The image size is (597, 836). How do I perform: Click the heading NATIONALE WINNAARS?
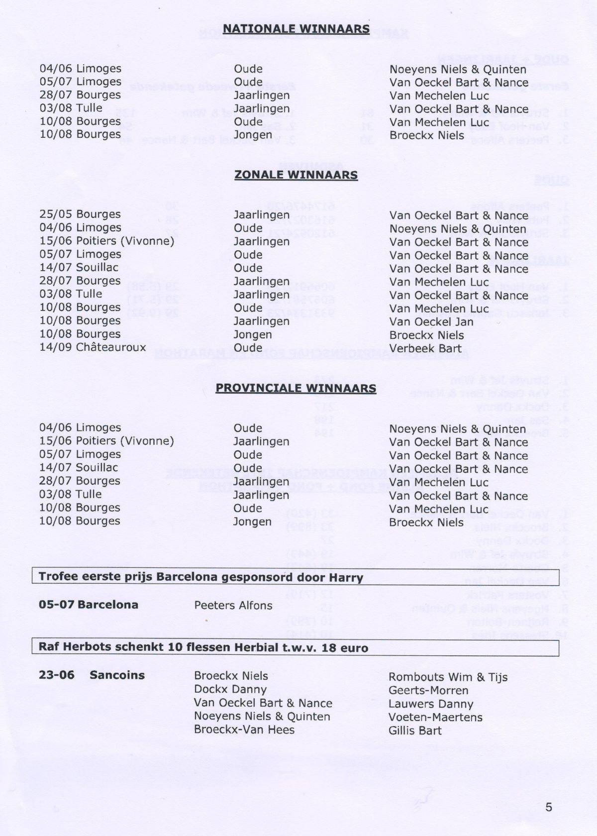coord(296,29)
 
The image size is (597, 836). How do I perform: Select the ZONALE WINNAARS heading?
coord(296,175)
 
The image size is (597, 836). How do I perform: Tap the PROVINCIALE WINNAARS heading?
coord(296,388)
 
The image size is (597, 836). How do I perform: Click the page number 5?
coord(549,807)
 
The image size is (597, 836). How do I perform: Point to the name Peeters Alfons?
coord(233,606)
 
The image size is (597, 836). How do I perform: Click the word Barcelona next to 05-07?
coord(108,605)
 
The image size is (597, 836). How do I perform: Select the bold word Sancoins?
coord(117,675)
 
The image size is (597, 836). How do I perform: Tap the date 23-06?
coord(57,675)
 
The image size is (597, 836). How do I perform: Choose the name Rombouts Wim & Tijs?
coord(448,677)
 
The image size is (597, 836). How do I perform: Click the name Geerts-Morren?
coord(428,691)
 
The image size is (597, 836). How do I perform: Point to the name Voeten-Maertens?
coord(435,718)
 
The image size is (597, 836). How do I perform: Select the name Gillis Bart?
coord(415,731)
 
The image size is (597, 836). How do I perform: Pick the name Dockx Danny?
coord(230,690)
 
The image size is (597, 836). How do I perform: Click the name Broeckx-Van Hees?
coord(244,730)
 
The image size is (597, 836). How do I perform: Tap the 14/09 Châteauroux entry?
coord(93,347)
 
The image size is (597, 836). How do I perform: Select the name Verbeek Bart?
coord(425,348)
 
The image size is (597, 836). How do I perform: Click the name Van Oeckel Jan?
coord(431,322)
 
